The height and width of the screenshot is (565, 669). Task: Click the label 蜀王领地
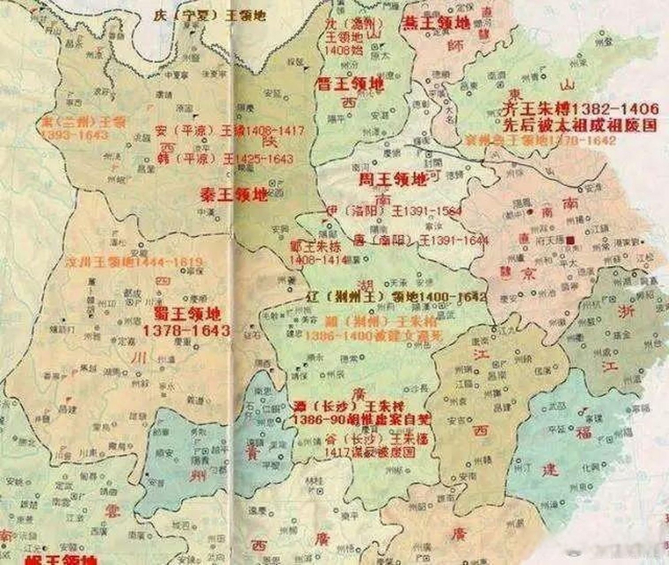(187, 314)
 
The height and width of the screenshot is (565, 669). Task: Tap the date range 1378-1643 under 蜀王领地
(186, 331)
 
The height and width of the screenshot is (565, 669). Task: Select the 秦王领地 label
(234, 194)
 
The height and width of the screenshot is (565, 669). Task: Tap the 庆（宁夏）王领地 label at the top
(209, 16)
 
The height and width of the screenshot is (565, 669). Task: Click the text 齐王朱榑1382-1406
(580, 109)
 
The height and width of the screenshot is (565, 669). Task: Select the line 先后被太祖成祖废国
(580, 125)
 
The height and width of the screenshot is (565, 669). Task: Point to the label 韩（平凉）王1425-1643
(225, 159)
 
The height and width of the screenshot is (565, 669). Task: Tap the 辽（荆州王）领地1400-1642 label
(396, 297)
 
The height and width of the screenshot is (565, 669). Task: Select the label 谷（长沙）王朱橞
(376, 439)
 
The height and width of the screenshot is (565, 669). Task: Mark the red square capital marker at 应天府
(570, 240)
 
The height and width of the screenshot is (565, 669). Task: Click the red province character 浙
(625, 312)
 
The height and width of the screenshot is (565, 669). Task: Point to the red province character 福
(583, 433)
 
